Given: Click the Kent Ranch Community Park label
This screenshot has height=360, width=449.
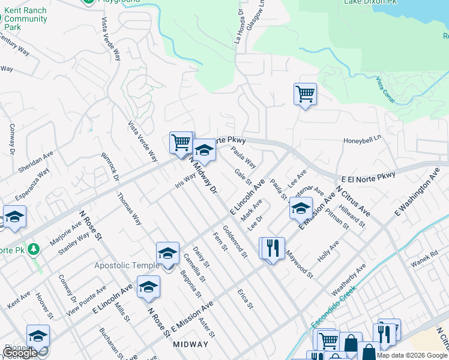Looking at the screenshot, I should click(x=25, y=19).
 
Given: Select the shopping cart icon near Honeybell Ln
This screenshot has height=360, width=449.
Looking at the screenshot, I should click(x=305, y=94).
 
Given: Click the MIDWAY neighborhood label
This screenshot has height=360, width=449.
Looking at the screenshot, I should click(x=190, y=344).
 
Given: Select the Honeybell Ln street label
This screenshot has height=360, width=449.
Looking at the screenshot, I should click(x=362, y=140).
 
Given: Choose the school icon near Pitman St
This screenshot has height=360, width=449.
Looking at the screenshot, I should click(x=301, y=208).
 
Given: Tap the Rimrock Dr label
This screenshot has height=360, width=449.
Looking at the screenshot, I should click(x=111, y=163).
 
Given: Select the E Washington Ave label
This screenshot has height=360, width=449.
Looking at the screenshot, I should click(x=417, y=193).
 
